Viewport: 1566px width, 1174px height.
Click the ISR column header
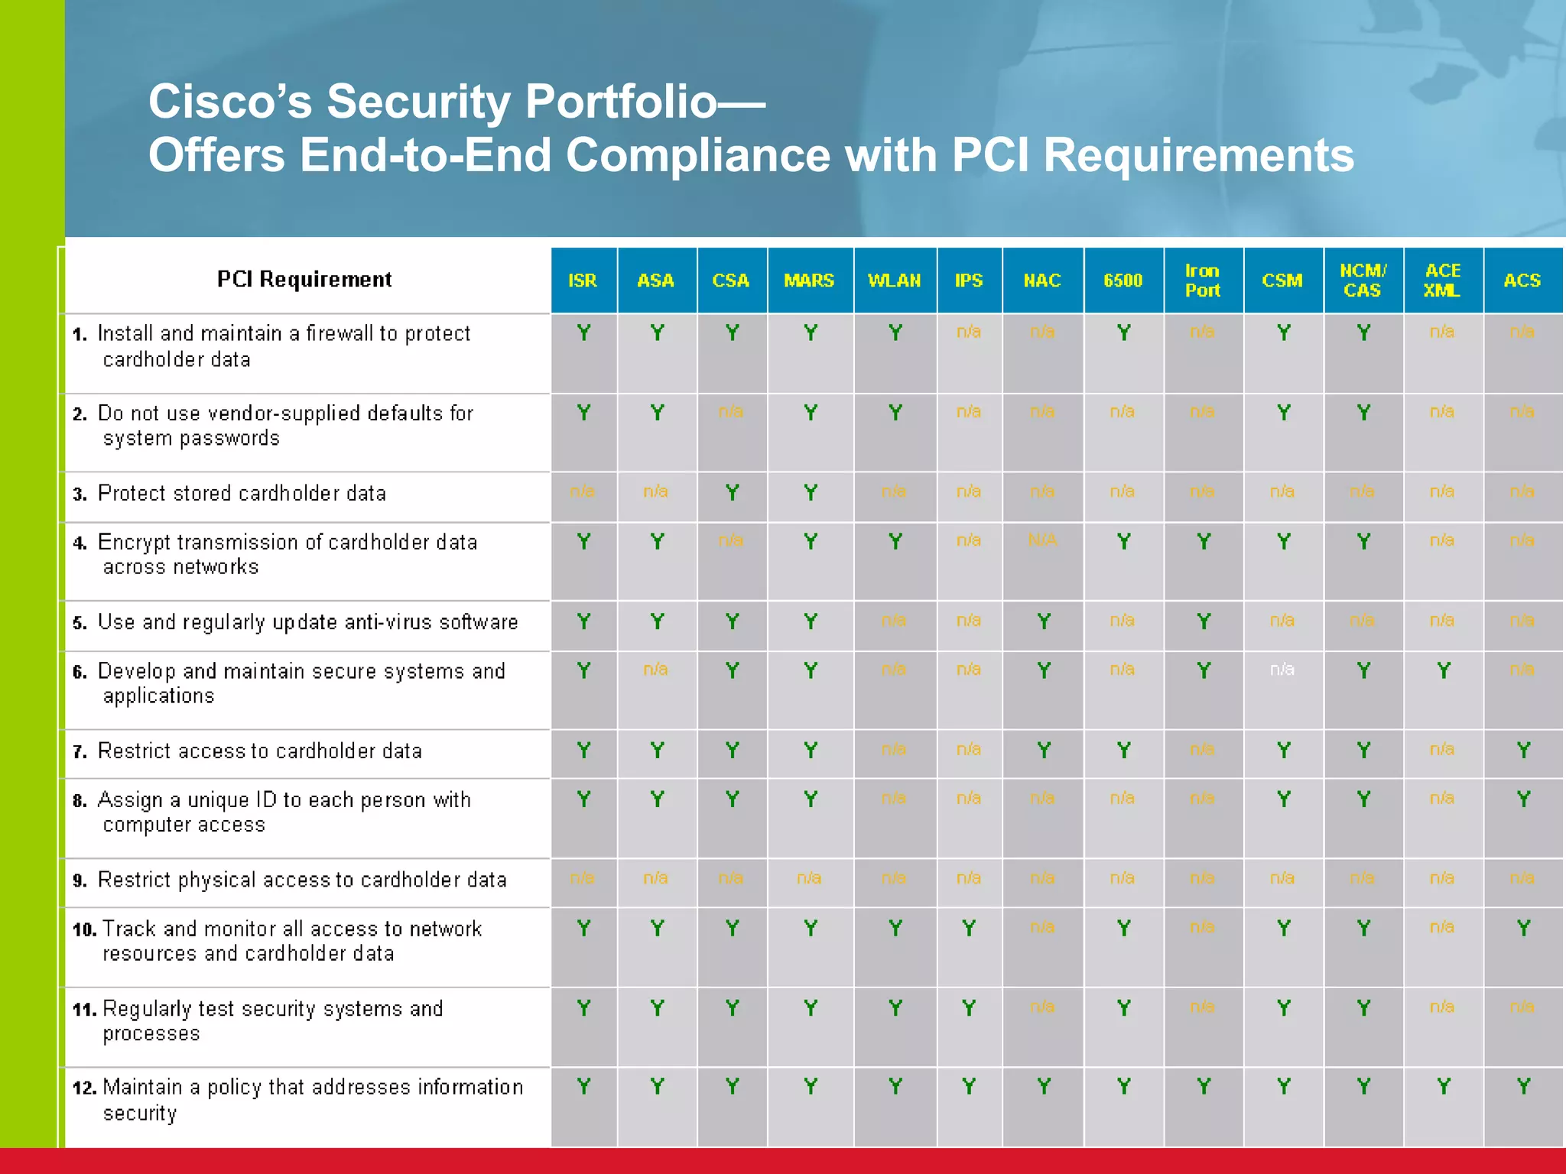click(x=583, y=281)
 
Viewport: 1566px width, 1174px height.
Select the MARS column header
click(x=809, y=281)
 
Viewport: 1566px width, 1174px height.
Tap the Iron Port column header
click(x=1202, y=281)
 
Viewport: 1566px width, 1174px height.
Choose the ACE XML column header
click(x=1442, y=281)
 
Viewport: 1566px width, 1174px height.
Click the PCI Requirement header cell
click(x=304, y=280)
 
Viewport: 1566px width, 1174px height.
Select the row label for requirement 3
click(x=242, y=494)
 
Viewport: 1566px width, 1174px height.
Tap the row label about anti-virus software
click(x=307, y=622)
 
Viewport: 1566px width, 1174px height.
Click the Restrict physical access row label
click(x=302, y=880)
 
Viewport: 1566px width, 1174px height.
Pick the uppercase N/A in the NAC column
click(x=1042, y=540)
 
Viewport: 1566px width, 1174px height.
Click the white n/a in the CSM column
click(x=1282, y=670)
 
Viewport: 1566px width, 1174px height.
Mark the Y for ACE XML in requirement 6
click(x=1443, y=670)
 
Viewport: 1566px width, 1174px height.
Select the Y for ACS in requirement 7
click(x=1523, y=751)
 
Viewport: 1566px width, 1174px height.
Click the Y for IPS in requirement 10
click(x=969, y=929)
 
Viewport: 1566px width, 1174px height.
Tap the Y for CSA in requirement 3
click(x=732, y=493)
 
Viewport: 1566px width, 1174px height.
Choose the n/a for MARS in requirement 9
click(x=809, y=878)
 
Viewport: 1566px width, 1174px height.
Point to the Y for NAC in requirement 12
click(x=1043, y=1086)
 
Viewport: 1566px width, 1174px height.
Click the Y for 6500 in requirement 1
click(x=1123, y=333)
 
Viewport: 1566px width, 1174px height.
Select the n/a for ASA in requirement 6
click(x=655, y=670)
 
